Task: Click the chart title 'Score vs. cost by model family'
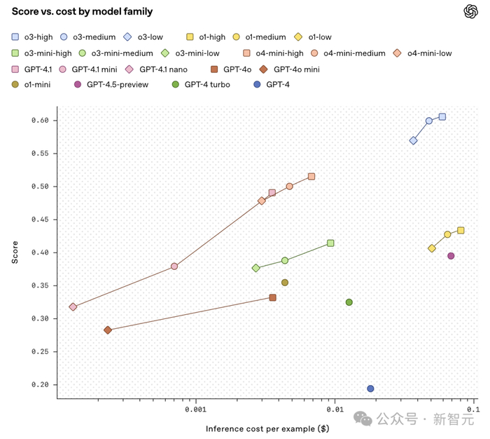(82, 11)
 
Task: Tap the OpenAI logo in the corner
(470, 11)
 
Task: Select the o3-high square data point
(442, 116)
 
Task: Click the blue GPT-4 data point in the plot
(370, 389)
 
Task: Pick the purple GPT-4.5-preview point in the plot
(451, 256)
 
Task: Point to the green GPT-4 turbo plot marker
(349, 302)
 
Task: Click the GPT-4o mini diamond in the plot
(108, 330)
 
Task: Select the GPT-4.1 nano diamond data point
(73, 307)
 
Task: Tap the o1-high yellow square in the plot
(461, 231)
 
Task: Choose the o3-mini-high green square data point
(330, 243)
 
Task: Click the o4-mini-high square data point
(311, 177)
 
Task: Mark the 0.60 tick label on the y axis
(39, 121)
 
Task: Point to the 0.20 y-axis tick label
(39, 384)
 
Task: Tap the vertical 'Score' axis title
(15, 252)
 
